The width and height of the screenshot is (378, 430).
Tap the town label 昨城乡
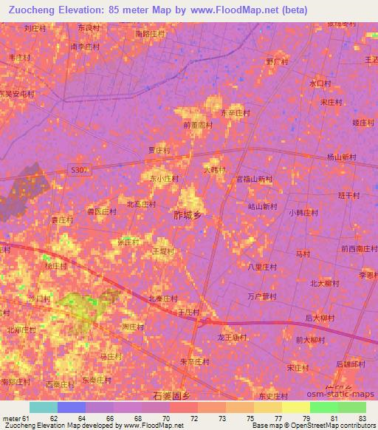187,215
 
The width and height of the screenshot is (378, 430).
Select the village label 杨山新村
341,157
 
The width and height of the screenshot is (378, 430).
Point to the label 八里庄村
262,267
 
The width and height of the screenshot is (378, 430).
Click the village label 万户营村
262,296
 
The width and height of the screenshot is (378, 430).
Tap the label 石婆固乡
171,396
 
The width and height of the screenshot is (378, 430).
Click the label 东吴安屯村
16,95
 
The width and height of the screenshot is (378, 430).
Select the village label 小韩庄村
303,212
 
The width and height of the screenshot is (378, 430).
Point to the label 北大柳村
324,282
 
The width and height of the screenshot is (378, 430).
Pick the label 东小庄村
165,178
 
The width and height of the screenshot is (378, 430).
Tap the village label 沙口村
38,298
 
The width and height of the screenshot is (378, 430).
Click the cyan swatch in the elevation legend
44,407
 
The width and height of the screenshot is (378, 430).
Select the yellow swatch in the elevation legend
295,407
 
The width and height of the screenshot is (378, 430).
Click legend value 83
362,418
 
